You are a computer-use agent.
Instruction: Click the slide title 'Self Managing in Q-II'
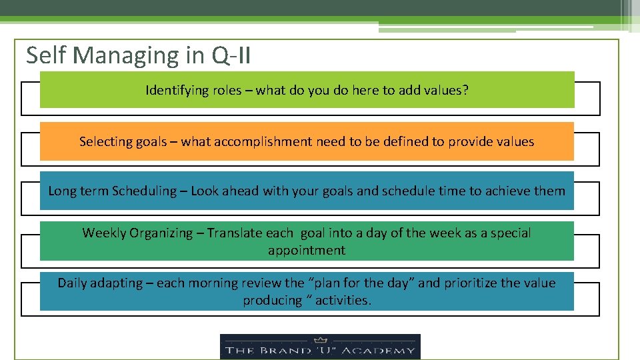(138, 55)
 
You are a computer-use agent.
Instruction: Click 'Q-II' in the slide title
(231, 55)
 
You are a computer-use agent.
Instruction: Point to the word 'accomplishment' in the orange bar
(257, 141)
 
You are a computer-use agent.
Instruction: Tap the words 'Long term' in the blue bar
(78, 191)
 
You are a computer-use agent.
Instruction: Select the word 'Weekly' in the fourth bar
(104, 233)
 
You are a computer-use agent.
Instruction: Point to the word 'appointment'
(307, 251)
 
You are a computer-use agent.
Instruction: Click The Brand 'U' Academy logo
(320, 347)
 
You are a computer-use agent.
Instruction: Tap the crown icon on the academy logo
(320, 339)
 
